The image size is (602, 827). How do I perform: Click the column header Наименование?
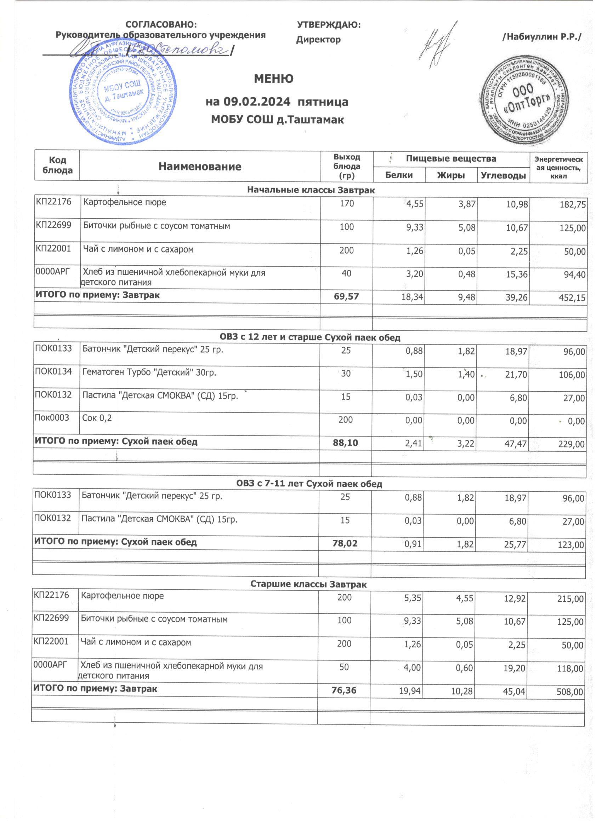click(200, 167)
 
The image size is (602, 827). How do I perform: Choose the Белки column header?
click(399, 175)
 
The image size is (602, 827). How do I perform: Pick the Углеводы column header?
click(504, 175)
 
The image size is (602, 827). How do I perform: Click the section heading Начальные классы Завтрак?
click(311, 190)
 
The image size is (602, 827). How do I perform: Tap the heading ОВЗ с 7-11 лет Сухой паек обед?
click(309, 484)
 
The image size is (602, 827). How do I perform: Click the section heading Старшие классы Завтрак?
click(308, 584)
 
